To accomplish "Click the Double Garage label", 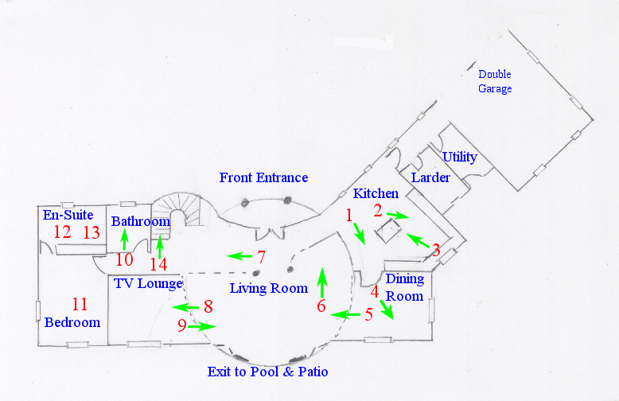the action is (x=495, y=81).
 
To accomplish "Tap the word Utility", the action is (x=460, y=157).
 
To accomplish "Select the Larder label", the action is (x=430, y=177).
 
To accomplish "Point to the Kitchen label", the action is (x=376, y=193).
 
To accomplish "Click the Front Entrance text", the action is (x=263, y=177).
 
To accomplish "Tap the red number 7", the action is (x=261, y=257).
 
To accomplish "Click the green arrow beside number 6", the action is (x=322, y=282).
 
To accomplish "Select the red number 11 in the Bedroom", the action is (x=80, y=304).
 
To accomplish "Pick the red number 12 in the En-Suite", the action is (x=62, y=232).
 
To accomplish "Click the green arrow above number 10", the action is (x=125, y=239).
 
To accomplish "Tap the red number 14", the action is (x=158, y=264).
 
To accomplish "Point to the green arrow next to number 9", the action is (x=202, y=326).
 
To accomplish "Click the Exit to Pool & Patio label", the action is (x=267, y=372).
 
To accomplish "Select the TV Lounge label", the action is (x=148, y=283).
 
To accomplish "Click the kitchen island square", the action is (x=388, y=231).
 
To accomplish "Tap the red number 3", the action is (x=436, y=251).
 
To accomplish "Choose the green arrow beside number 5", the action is (x=345, y=314).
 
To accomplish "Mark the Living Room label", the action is (x=269, y=289).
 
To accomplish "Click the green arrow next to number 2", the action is (x=398, y=215).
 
